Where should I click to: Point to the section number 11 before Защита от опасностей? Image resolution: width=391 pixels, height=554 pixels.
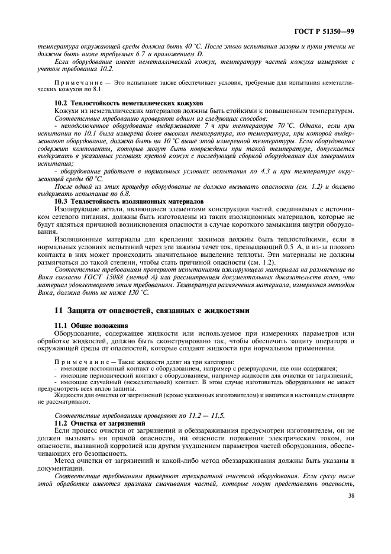tap(57, 310)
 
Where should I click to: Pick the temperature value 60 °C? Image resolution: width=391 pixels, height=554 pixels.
tap(90, 178)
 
